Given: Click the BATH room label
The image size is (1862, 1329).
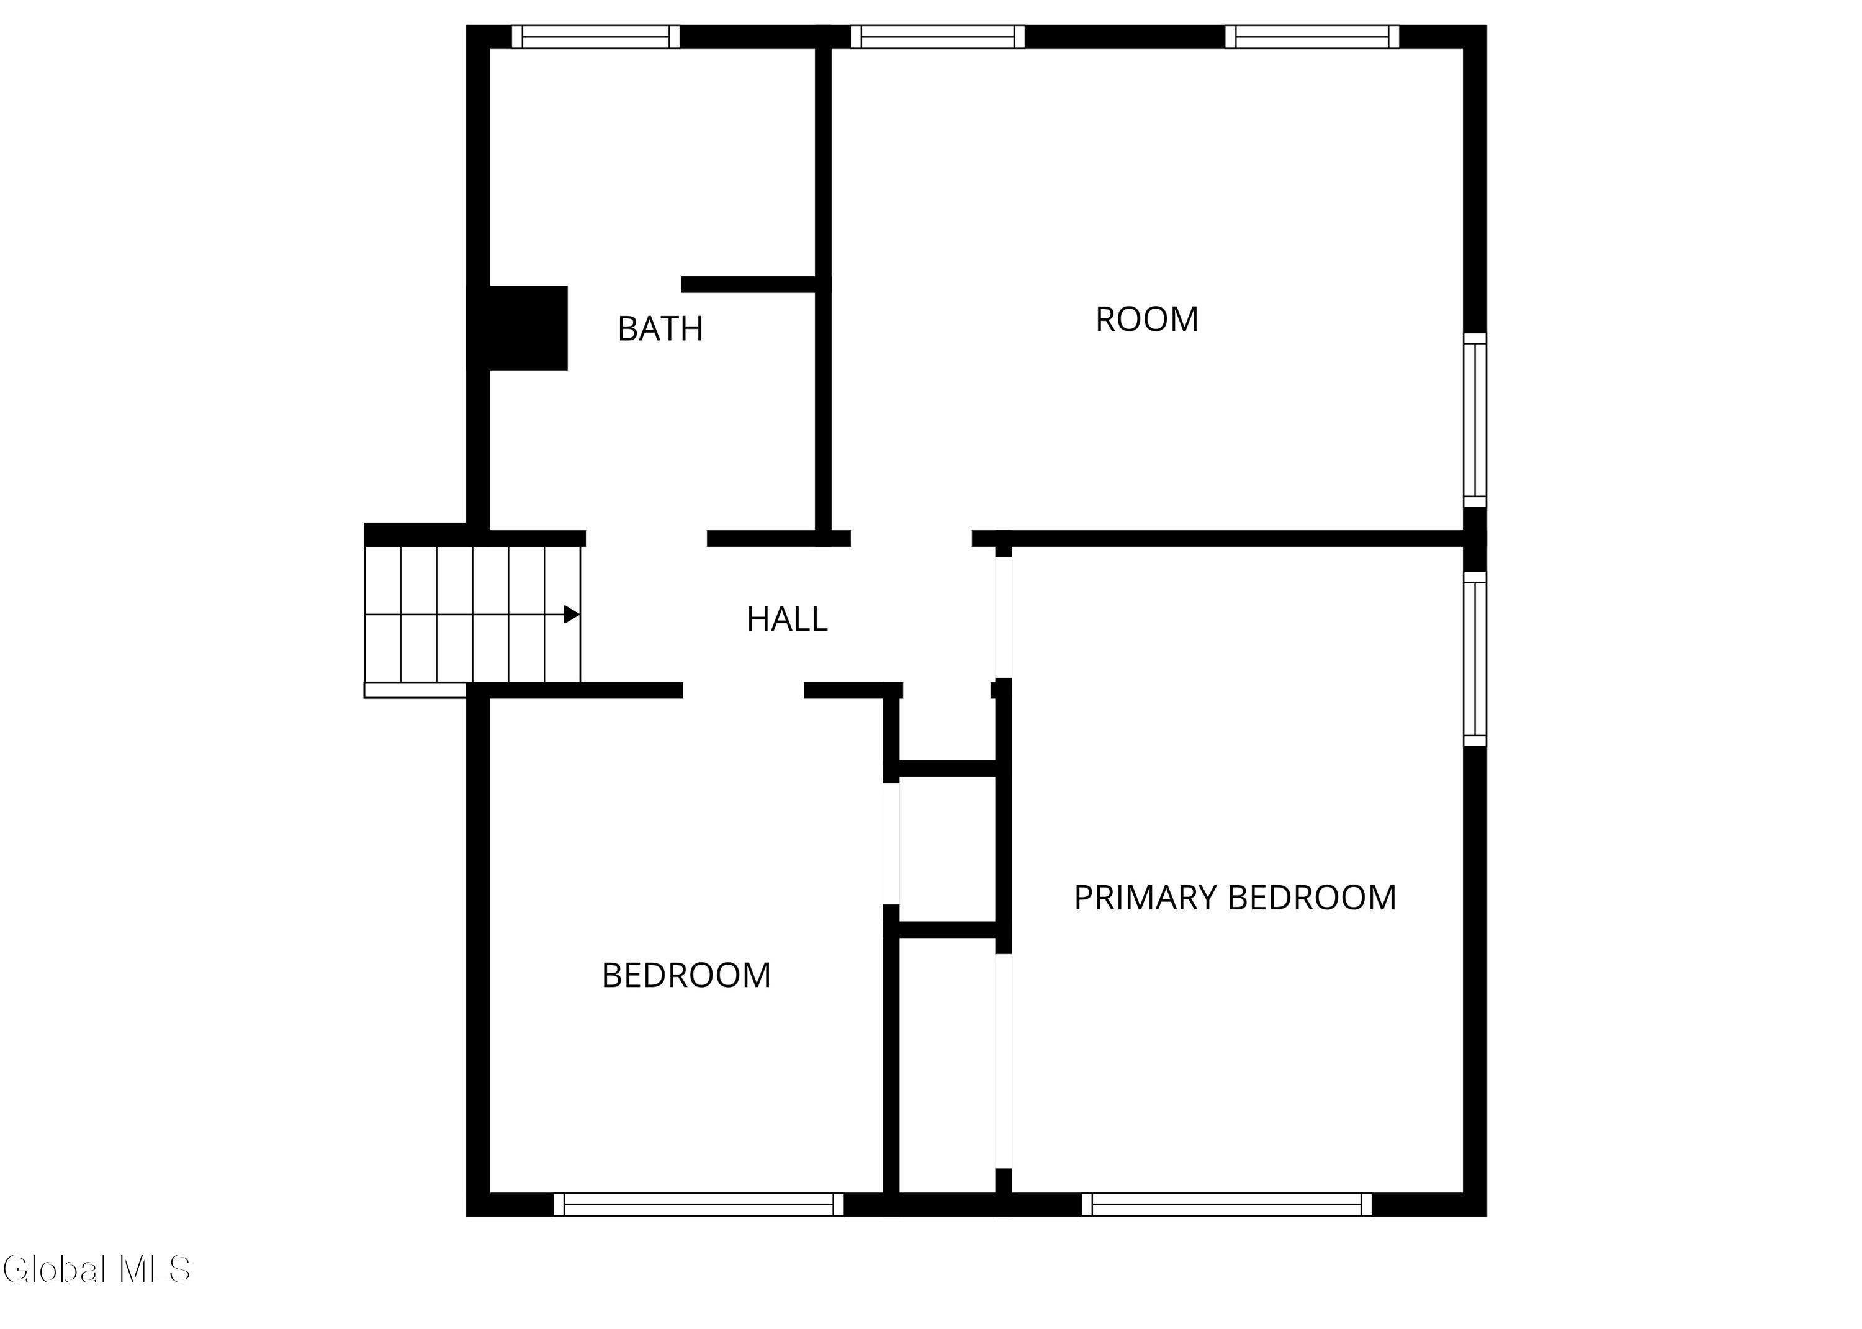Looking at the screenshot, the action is click(660, 329).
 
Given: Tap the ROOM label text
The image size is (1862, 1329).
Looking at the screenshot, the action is click(1146, 319).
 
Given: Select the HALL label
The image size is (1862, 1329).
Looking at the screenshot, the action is click(787, 619).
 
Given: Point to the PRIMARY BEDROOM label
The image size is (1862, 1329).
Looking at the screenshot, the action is click(1235, 898).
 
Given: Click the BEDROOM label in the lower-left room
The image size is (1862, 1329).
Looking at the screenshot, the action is click(686, 975).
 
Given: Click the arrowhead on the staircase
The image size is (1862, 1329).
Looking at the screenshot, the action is click(572, 615).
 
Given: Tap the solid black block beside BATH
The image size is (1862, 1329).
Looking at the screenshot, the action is click(528, 328).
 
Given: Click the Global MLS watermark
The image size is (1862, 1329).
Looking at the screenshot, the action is click(97, 1269).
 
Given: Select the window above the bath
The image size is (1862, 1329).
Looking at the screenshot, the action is click(596, 37).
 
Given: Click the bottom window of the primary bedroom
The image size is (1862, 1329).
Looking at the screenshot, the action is click(1226, 1205).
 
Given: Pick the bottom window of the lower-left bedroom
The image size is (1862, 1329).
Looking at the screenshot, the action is click(699, 1205).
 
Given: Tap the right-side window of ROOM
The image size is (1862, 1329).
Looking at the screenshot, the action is click(1475, 420).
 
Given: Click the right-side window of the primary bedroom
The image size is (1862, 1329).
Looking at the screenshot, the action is click(1475, 659).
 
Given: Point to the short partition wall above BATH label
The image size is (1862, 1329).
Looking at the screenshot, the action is click(749, 285).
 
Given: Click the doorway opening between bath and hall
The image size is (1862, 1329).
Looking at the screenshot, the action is click(646, 538).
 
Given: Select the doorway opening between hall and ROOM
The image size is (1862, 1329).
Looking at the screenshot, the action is click(911, 538).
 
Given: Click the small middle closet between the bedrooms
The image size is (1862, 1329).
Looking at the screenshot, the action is click(947, 849).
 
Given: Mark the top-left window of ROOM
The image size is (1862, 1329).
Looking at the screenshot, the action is click(938, 37).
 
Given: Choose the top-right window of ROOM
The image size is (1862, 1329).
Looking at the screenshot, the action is click(1312, 37).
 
